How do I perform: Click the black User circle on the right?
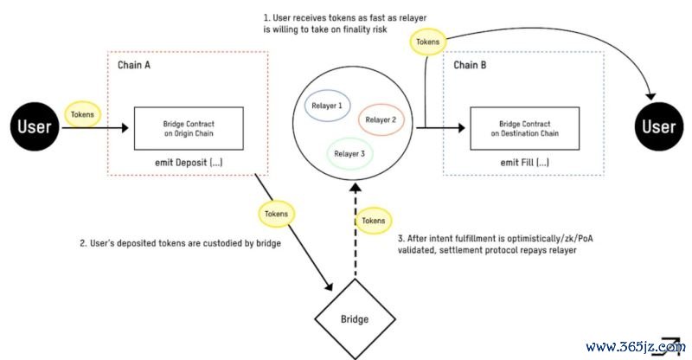658,128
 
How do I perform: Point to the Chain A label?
137,66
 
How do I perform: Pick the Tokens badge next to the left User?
82,114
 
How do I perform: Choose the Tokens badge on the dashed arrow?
374,221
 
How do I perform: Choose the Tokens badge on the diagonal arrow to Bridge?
277,212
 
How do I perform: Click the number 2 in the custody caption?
81,243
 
